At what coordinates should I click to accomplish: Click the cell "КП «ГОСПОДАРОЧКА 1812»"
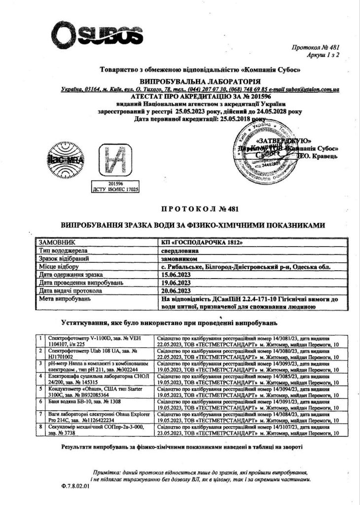(x=202, y=243)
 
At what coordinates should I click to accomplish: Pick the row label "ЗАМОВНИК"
(x=56, y=243)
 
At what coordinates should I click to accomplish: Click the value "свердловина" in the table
(x=181, y=251)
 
